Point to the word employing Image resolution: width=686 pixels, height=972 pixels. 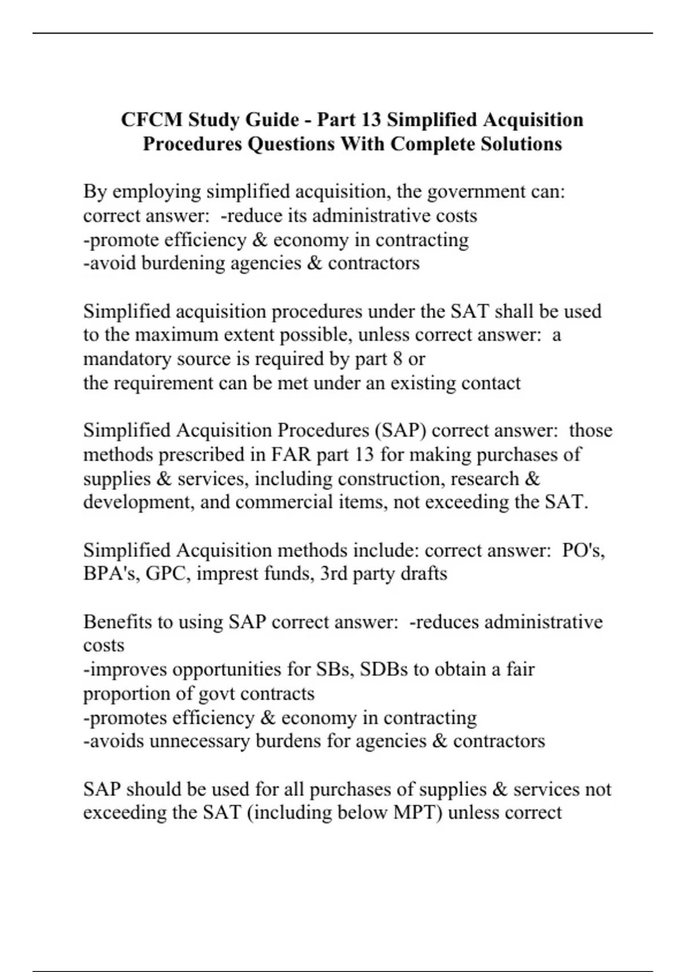click(157, 192)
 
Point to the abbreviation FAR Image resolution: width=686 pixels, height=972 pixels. click(291, 455)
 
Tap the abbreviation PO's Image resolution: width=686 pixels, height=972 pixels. click(583, 551)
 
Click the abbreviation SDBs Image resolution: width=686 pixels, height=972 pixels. click(384, 670)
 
